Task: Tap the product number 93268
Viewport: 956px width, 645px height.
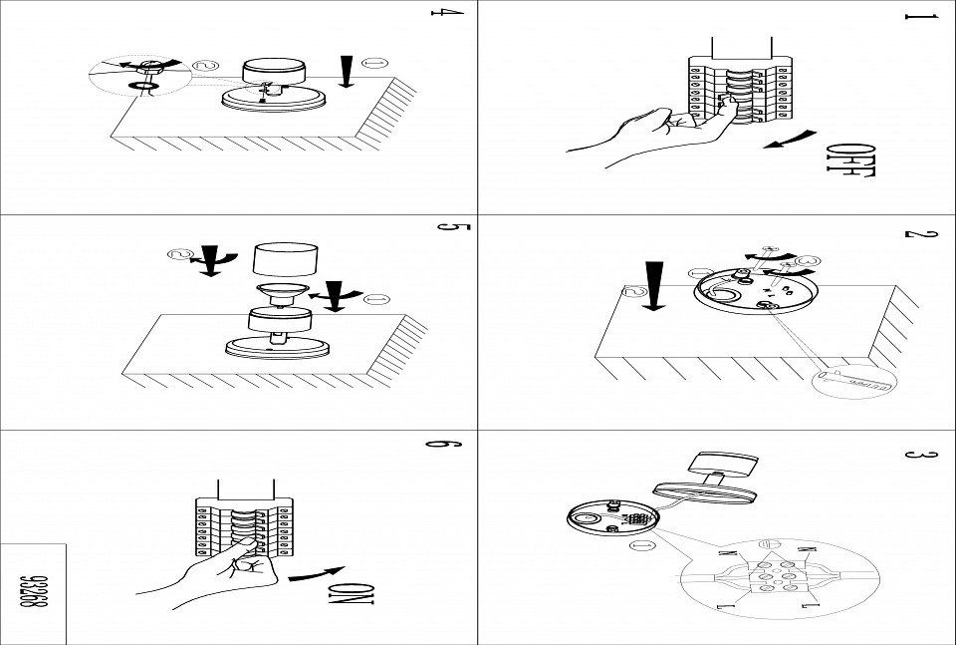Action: pyautogui.click(x=33, y=592)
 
